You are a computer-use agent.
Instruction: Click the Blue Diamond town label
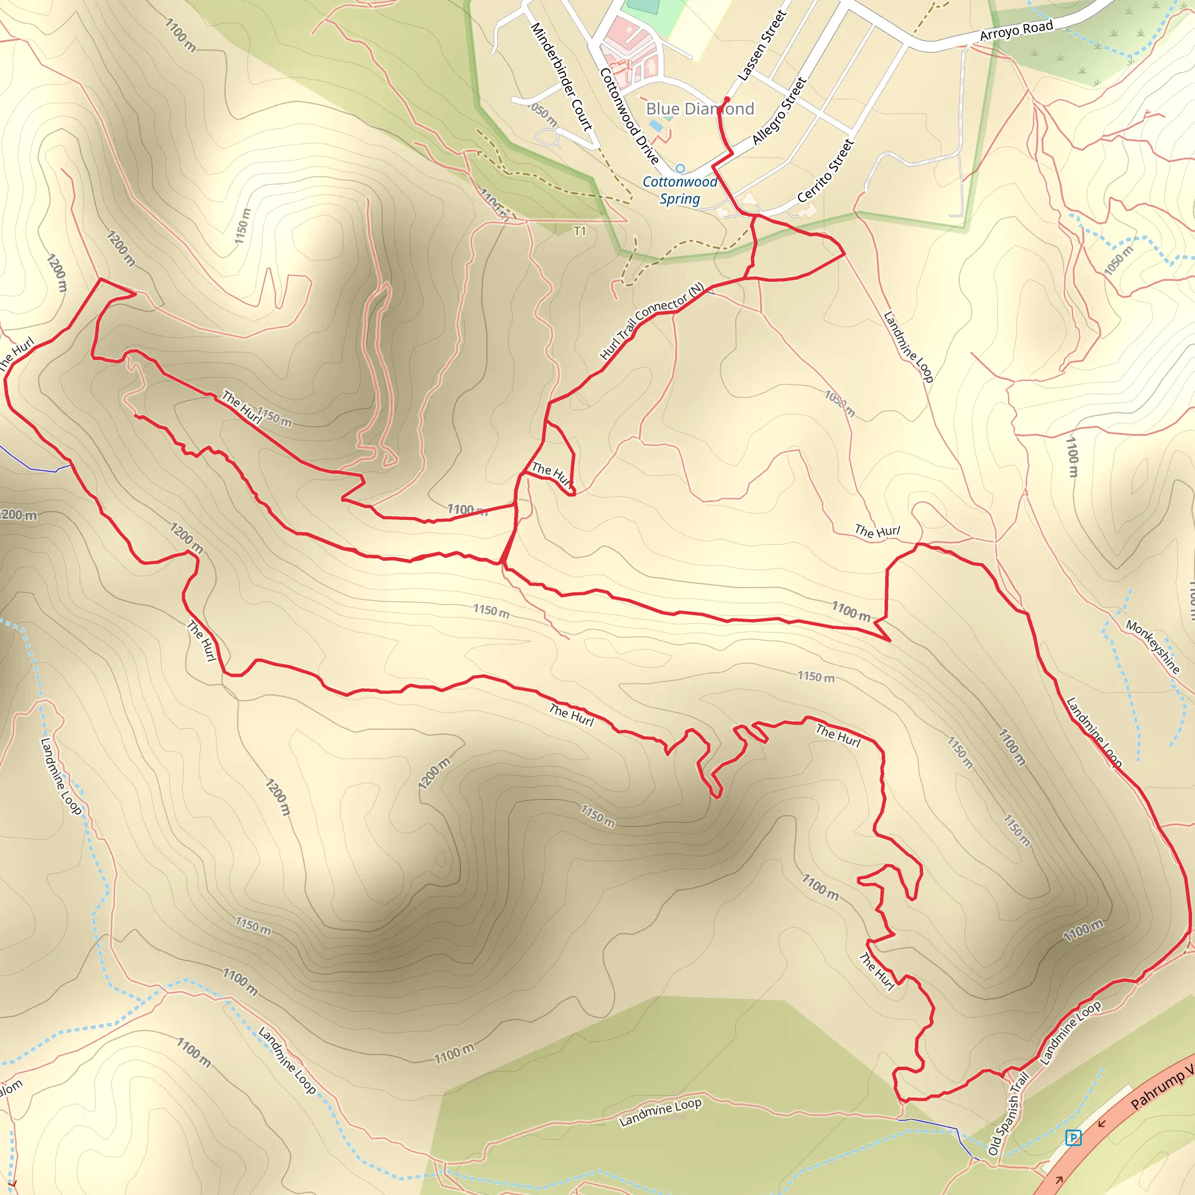(700, 109)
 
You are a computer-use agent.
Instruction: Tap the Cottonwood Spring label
(680, 190)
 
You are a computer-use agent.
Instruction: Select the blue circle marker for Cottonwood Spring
(680, 168)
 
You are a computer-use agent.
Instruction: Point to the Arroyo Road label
(1016, 30)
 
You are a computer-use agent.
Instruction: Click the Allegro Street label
(780, 111)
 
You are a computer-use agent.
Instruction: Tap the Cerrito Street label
(826, 171)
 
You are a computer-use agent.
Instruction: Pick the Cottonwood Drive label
(629, 116)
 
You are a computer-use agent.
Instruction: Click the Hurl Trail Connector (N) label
(652, 321)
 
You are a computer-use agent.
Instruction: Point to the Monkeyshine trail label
(1152, 647)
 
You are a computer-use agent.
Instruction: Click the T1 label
(579, 231)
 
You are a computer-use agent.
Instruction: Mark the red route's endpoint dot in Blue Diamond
(727, 99)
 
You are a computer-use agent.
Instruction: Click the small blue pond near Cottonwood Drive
(656, 126)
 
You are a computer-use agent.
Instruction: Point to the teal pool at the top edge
(643, 6)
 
